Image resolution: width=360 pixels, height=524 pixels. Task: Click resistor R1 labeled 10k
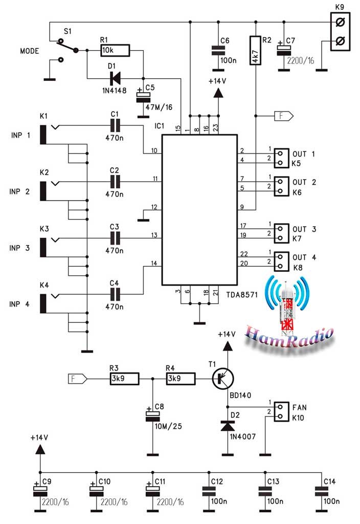115,51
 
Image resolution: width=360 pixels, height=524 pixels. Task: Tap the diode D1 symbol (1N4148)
115,78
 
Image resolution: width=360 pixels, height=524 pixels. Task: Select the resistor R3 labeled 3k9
125,379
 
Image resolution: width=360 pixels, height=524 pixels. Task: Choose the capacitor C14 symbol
321,492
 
